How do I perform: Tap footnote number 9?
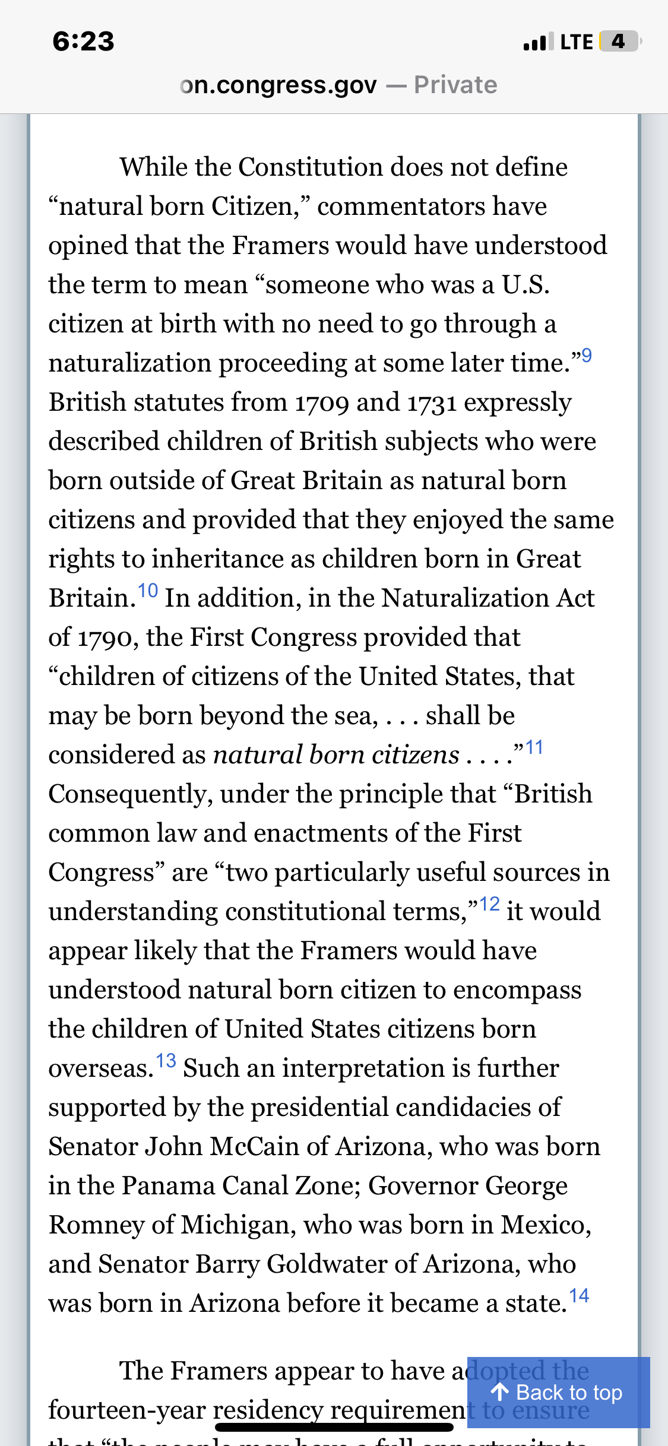pos(586,356)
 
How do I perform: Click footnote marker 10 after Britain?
pos(148,591)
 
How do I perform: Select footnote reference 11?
pos(534,747)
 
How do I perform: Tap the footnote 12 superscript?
pos(489,904)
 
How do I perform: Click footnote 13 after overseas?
pos(166,1061)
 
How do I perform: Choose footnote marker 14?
pos(579,1296)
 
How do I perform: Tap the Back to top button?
pos(558,1392)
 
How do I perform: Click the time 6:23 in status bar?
pos(83,42)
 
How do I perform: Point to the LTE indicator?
pos(576,42)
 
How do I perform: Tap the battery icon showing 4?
pos(619,42)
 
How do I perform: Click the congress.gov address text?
pos(278,85)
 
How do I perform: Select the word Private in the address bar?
pos(455,85)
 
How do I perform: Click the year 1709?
pos(322,402)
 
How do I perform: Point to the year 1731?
pos(432,402)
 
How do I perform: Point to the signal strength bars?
pos(539,42)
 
